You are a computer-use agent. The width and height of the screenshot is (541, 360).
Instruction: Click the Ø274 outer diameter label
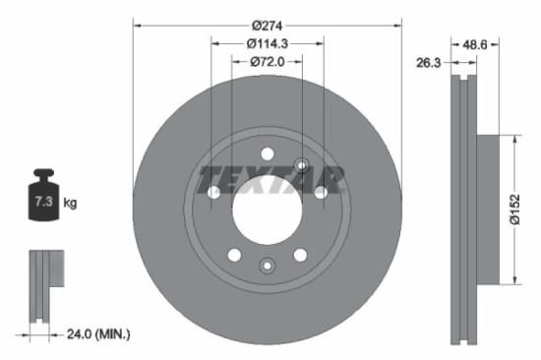click(x=268, y=25)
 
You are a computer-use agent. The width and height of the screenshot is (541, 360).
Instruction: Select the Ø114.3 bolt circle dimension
click(x=268, y=43)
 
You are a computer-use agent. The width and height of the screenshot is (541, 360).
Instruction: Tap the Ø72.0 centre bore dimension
click(x=268, y=61)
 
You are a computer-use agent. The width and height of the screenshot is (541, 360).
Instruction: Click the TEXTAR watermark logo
click(x=271, y=180)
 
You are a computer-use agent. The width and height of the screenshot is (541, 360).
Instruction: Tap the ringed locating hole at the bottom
click(x=267, y=266)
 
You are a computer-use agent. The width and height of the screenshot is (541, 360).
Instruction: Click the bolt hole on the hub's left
click(x=213, y=193)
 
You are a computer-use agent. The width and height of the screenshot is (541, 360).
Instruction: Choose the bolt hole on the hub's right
click(x=321, y=193)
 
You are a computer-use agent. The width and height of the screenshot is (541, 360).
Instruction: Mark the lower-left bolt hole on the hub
click(x=234, y=255)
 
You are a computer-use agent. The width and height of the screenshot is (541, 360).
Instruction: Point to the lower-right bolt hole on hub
click(x=300, y=255)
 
